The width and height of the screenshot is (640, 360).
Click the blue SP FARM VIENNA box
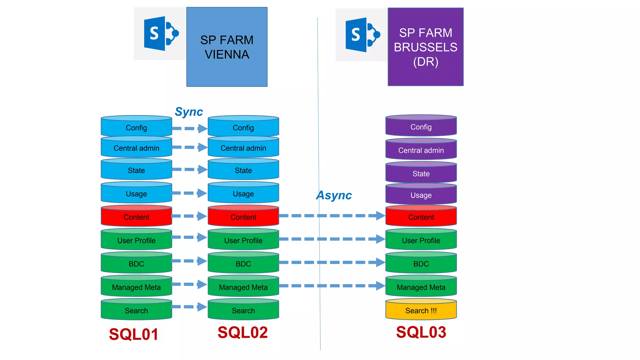pos(227,47)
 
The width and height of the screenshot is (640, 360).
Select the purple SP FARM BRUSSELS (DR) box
pos(425,47)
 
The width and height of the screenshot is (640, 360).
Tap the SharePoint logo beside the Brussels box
pos(362,35)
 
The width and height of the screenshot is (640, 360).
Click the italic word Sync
pos(189,112)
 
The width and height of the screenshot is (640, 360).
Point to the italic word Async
pos(334,195)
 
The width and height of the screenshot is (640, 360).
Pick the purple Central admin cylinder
pos(421,150)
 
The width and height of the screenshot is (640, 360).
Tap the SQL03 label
pos(421,332)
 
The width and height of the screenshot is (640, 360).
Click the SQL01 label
pos(133,334)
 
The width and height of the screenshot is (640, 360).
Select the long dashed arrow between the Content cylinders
pos(331,216)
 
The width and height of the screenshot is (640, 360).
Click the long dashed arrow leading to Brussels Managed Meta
pos(331,286)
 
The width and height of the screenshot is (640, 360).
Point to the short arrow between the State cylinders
pos(189,169)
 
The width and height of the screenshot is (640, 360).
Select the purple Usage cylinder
pos(421,195)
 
